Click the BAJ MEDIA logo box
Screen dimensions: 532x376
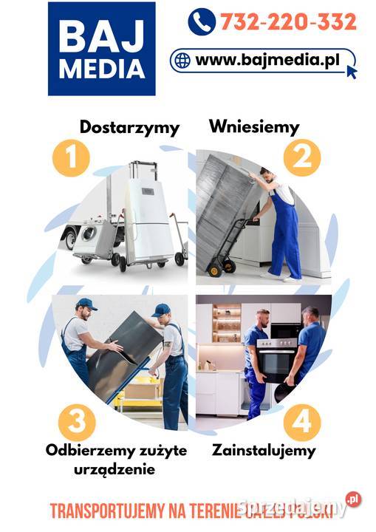click(x=101, y=49)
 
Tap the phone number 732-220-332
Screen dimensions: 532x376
click(x=287, y=21)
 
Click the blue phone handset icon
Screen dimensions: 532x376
click(x=201, y=21)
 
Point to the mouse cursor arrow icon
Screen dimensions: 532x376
click(x=351, y=71)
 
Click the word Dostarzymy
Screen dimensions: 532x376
click(x=129, y=127)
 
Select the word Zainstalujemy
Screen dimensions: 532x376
click(x=263, y=449)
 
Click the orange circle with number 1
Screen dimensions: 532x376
click(x=71, y=157)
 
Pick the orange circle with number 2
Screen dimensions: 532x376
click(x=301, y=157)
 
